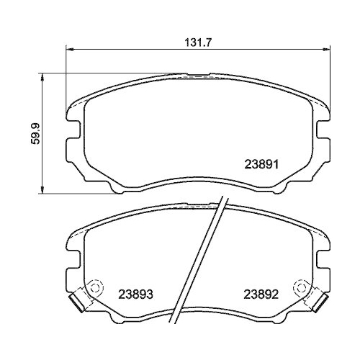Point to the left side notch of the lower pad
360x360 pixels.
(x=73, y=256)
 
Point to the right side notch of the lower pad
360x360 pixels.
(x=320, y=256)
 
